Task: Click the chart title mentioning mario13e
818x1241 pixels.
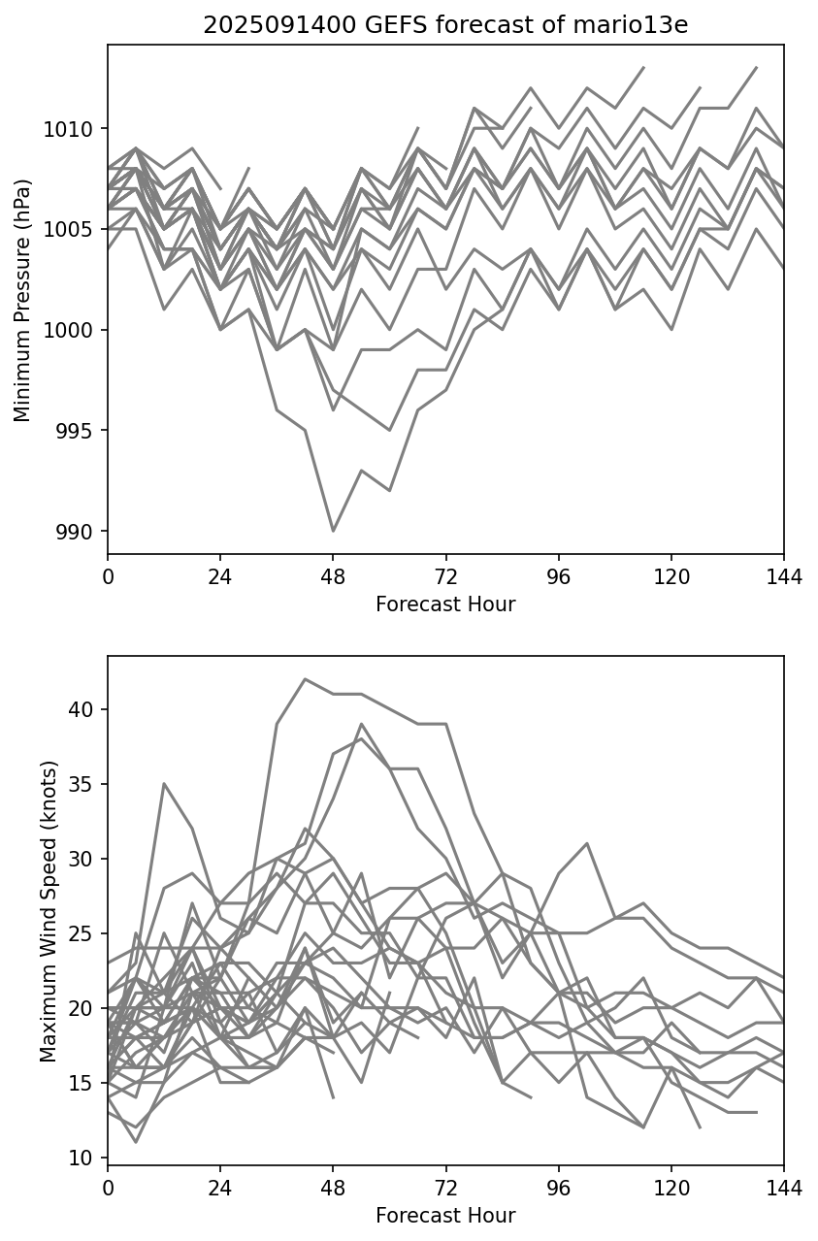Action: [445, 25]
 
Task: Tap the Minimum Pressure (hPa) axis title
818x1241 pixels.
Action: [23, 300]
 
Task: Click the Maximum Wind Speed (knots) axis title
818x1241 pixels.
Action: [49, 910]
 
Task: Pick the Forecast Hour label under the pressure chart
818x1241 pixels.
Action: [445, 604]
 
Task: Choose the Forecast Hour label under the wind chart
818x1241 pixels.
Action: [445, 1216]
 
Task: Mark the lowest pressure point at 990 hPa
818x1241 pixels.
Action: [333, 531]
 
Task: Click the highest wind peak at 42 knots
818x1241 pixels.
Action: [305, 679]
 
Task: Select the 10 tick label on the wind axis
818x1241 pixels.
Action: [84, 1158]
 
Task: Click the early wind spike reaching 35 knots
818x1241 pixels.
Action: [164, 783]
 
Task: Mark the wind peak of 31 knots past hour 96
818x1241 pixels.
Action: [587, 843]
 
